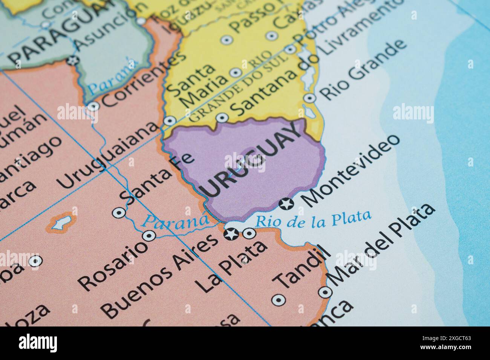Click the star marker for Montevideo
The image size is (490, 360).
pos(286,204)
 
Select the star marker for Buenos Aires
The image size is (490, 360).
pos(230,234)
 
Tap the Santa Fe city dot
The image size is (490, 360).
pos(119,213)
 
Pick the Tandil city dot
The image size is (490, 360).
pos(279,300)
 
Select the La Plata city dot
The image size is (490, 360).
pos(249,234)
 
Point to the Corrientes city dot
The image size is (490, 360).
pos(93,107)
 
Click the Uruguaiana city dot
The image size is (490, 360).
pos(170,121)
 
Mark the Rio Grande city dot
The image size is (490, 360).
pos(310,98)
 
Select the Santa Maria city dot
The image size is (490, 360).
pos(236,72)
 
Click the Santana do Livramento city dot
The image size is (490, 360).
pos(222,117)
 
